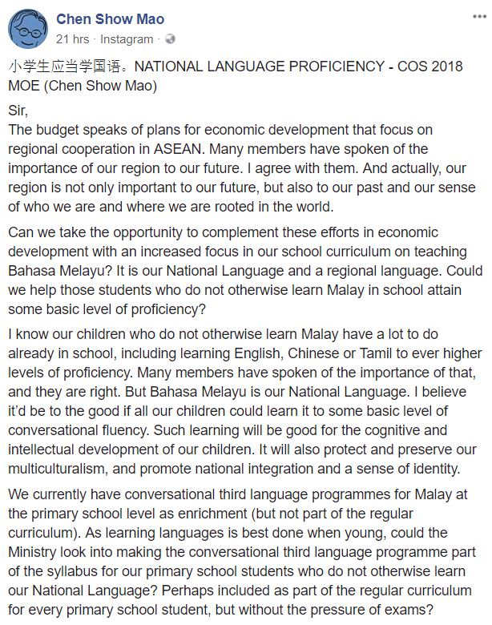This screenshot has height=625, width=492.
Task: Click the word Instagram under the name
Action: [x=127, y=38]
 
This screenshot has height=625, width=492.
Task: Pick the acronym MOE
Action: [x=25, y=84]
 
